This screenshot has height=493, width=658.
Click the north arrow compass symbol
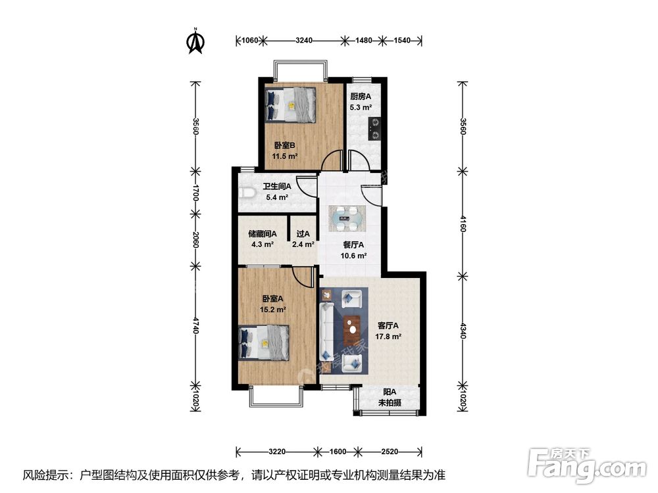point(195,41)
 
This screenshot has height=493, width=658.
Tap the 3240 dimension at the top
point(304,40)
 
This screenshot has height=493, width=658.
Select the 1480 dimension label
point(363,40)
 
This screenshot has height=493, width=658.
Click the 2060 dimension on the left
point(195,239)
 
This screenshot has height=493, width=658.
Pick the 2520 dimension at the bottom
point(390,452)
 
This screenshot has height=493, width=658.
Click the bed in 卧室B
point(290,105)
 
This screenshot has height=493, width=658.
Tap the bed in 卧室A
point(264,342)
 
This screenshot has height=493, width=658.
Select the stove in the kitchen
point(374,129)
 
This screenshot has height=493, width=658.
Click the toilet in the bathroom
point(248,193)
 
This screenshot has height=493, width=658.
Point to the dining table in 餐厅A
point(347,218)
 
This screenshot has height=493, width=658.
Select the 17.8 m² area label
point(388,336)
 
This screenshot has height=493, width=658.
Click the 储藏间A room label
point(263,233)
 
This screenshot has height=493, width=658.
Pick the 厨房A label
point(361,97)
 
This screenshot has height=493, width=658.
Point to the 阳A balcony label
point(390,392)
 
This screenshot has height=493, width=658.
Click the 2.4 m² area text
point(303,244)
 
